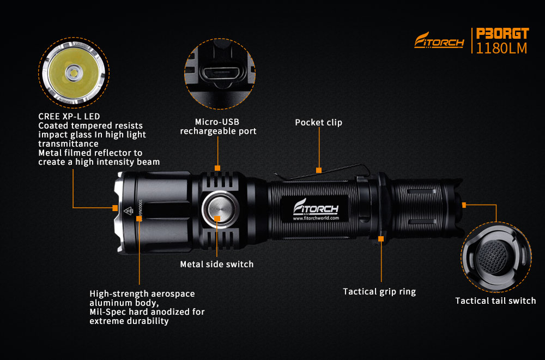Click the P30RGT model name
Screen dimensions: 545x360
[x=502, y=33]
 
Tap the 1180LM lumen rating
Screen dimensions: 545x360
[x=501, y=49]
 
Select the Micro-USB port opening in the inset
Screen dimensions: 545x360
[x=220, y=74]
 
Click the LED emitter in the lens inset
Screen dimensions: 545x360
[x=74, y=73]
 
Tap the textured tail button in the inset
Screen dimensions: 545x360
[x=493, y=256]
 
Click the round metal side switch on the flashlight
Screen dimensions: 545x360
[x=220, y=209]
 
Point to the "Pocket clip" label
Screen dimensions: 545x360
[x=318, y=122]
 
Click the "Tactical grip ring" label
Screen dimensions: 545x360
[x=379, y=291]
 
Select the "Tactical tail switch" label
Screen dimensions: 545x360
[x=495, y=301]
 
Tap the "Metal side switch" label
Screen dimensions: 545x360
[x=216, y=265]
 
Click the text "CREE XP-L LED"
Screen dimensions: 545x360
[x=69, y=117]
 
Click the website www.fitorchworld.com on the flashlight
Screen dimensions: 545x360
[x=316, y=218]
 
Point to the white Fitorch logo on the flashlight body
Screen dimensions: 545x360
[x=316, y=207]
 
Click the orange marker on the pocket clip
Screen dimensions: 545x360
[x=319, y=170]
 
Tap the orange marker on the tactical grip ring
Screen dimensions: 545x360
[x=381, y=238]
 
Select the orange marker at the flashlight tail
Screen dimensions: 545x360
[x=464, y=205]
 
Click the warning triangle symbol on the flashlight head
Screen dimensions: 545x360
[x=128, y=211]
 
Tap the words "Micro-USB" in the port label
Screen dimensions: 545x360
[x=217, y=122]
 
